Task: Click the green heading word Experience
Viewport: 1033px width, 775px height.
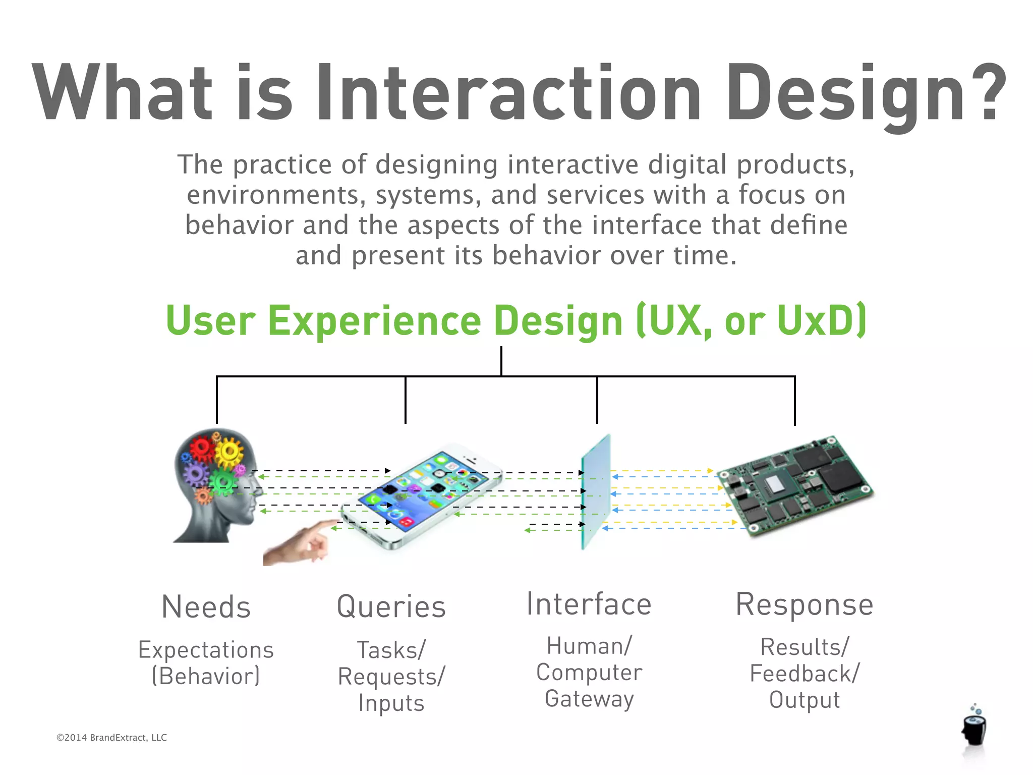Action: coord(374,321)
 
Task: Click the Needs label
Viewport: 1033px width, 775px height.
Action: coord(206,607)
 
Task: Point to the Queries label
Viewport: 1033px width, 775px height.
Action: coord(391,607)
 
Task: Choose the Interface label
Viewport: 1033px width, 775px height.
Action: coord(589,604)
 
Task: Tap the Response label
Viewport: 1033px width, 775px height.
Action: coord(805,604)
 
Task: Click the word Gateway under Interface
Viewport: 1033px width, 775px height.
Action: coord(589,699)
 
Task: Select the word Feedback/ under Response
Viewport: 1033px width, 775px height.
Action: coord(805,674)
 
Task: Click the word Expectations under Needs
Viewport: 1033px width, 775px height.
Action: coord(206,650)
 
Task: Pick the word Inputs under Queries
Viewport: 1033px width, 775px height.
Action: coord(391,703)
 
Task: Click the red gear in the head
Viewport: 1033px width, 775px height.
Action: coord(202,449)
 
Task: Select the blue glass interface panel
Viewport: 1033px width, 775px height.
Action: coord(596,492)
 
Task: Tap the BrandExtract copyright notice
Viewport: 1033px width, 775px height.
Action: coord(111,738)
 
